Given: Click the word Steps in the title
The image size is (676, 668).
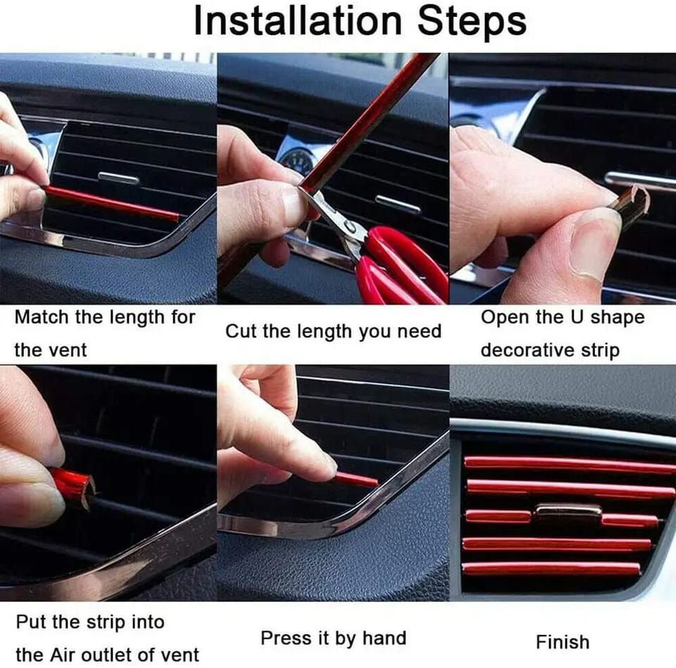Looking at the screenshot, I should coord(472,21).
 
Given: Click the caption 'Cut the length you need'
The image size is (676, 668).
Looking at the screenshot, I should coord(333,331).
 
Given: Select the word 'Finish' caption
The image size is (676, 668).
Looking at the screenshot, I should coord(562,642).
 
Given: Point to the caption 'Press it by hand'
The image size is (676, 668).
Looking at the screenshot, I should coord(333,638).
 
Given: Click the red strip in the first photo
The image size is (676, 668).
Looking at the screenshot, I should coord(113,203).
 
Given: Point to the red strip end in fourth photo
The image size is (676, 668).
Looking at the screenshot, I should coord(74,486).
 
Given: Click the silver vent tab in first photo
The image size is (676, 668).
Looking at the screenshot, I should coord(118,178).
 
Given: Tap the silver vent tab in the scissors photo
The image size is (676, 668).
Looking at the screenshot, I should coord(399,204).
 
